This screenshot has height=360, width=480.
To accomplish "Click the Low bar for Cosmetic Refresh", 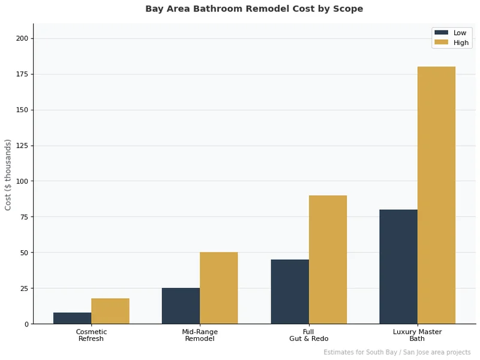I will [x=72, y=319].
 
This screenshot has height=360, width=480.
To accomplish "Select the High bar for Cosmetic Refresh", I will [x=110, y=311].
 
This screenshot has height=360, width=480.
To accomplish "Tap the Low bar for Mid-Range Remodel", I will [x=181, y=306].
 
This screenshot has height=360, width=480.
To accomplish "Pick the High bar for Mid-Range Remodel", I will [x=219, y=288].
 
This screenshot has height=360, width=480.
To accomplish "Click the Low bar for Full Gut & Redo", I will [x=290, y=292].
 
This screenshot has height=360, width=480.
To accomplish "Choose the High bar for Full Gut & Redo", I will [x=328, y=260].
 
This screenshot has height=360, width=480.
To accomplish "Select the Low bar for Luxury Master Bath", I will [x=398, y=267].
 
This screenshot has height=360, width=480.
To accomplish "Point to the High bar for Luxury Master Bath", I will [x=436, y=195].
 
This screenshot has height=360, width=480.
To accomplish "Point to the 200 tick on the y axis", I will [x=22, y=38].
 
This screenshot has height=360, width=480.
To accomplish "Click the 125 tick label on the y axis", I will [x=22, y=146].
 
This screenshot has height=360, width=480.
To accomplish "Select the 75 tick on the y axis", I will [x=24, y=217].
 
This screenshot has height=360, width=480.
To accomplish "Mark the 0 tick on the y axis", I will [x=26, y=324].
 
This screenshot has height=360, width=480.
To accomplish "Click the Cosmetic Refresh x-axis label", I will [x=91, y=335].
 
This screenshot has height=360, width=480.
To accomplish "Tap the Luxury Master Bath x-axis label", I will [x=417, y=335].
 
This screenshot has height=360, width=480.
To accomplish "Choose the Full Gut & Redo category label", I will [x=308, y=335].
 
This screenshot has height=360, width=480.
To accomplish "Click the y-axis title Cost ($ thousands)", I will [x=8, y=175].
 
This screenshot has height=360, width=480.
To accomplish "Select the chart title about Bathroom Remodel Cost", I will [x=254, y=9].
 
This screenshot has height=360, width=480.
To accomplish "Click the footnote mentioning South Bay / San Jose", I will [x=397, y=352].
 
